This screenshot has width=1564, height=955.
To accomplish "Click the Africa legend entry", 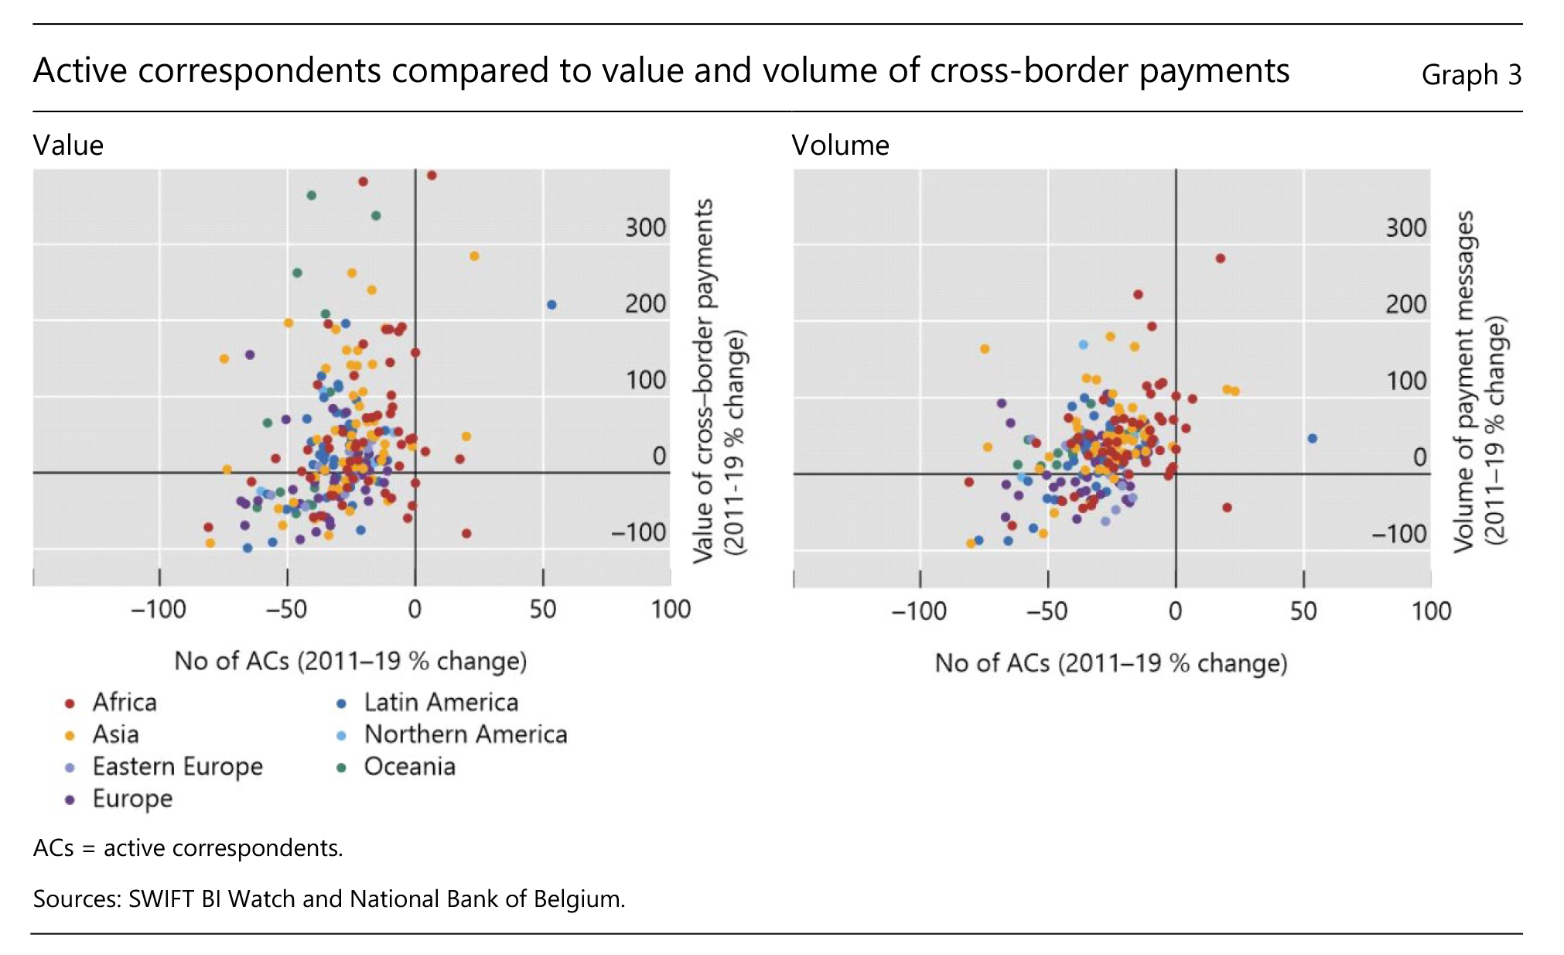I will (124, 702).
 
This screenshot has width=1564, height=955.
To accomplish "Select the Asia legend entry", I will (115, 734).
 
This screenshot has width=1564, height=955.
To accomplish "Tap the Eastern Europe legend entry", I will (177, 766).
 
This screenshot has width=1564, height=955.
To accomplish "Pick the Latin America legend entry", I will (441, 702).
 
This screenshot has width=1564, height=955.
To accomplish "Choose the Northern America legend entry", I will (465, 734).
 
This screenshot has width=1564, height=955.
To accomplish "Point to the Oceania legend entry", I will (409, 766).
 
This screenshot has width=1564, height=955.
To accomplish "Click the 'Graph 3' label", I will (1471, 75).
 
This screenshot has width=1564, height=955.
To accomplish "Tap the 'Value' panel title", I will (68, 145).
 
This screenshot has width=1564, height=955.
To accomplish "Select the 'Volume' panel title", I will (840, 145).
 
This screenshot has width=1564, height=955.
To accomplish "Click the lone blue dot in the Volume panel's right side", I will (1313, 439).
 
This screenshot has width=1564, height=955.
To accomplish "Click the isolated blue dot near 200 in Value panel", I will (551, 305).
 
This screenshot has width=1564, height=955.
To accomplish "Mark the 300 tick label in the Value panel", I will (645, 228).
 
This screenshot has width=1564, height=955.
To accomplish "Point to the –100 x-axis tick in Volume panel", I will (919, 611).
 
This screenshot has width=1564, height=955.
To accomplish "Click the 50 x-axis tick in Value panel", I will (543, 610).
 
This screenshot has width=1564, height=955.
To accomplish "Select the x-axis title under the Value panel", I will (350, 661).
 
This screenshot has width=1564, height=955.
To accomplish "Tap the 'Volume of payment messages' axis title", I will (1479, 382).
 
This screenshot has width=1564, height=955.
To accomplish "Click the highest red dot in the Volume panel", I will (1221, 258).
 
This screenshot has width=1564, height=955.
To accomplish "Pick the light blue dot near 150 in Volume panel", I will (1084, 344).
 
